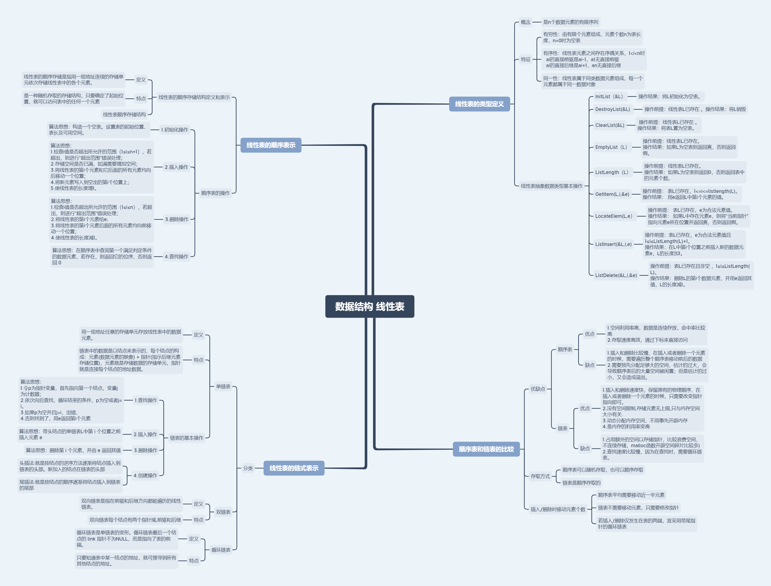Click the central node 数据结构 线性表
tap(370, 307)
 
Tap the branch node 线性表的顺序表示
tap(271, 145)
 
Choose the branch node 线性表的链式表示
tap(294, 468)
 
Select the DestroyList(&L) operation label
tap(613, 109)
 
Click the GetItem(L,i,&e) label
tap(612, 194)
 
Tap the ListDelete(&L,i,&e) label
tap(616, 275)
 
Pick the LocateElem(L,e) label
tap(614, 216)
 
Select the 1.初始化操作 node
tap(174, 130)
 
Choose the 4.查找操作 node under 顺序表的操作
tap(177, 257)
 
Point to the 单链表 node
tap(223, 387)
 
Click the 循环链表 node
tap(221, 550)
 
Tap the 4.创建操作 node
tap(145, 475)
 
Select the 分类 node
tap(248, 468)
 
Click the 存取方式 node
tap(540, 476)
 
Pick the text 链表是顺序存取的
tap(581, 483)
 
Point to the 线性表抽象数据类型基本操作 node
tap(551, 186)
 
